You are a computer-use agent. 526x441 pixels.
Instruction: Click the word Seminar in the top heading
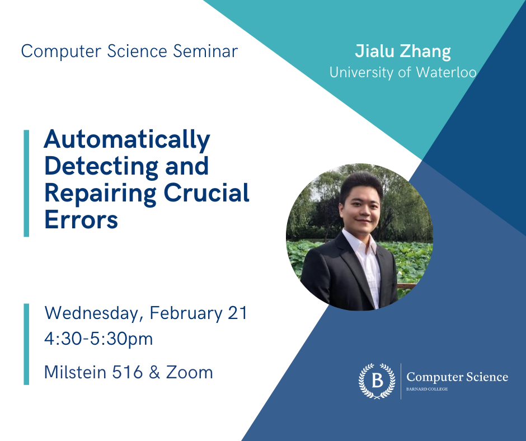(205, 51)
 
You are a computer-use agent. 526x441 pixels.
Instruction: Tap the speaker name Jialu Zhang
(403, 51)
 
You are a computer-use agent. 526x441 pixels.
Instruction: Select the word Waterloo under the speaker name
(446, 73)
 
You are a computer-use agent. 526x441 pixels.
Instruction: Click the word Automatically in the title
(127, 140)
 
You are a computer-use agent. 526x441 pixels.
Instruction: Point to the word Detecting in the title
(101, 167)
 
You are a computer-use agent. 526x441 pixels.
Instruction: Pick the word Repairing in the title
(100, 194)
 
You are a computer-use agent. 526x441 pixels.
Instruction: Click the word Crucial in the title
(206, 193)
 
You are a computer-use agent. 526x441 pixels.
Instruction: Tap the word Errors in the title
(81, 219)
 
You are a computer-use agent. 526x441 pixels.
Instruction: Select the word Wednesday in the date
(92, 313)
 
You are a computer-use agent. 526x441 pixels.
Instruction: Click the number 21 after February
(237, 313)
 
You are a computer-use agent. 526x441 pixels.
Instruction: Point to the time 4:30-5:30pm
(98, 339)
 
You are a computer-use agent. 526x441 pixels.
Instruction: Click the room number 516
(128, 372)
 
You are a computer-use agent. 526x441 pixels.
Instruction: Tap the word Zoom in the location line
(190, 372)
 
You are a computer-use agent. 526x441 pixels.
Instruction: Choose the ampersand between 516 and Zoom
(154, 372)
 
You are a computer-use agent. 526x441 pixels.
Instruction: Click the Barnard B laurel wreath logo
(377, 381)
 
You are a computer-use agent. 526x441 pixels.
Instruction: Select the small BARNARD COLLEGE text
(427, 389)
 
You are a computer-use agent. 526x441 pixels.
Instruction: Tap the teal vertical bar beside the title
(26, 183)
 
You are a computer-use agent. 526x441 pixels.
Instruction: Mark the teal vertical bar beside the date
(26, 344)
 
